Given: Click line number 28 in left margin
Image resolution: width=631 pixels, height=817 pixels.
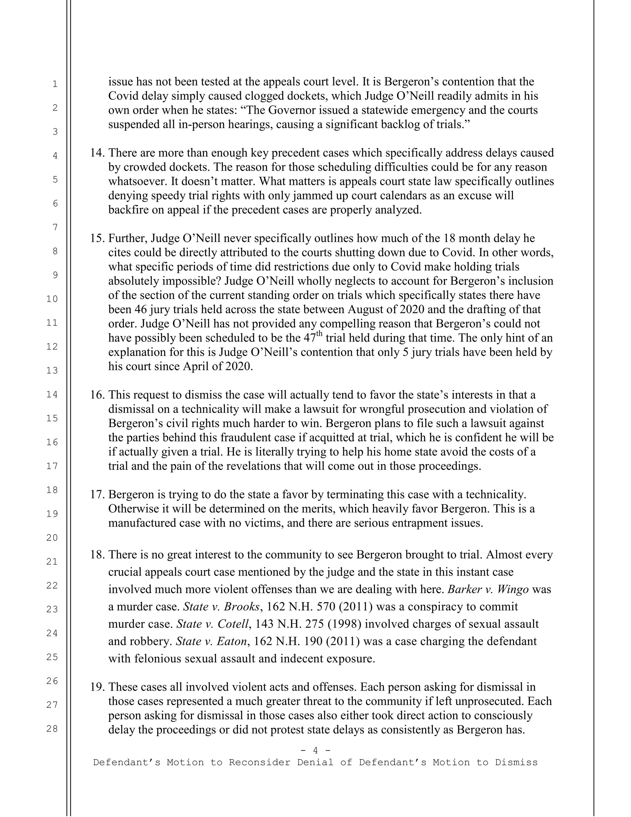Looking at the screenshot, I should pyautogui.click(x=52, y=729).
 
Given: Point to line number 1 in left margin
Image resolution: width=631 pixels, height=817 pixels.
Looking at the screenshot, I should pyautogui.click(x=55, y=84).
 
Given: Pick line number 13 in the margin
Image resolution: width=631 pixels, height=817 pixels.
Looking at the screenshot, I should pyautogui.click(x=52, y=370).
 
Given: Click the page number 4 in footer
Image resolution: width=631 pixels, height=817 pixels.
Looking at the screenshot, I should pyautogui.click(x=315, y=750).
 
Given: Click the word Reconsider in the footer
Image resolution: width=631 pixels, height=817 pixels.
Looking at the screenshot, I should pyautogui.click(x=259, y=762).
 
